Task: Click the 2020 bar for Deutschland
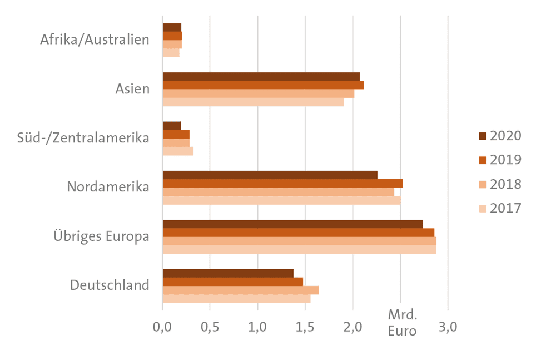[228, 273]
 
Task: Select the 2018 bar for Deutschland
[241, 290]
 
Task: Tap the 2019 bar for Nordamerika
[282, 184]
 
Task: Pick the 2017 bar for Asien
[253, 102]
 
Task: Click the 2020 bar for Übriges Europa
[293, 224]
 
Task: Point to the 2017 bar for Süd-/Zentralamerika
[178, 151]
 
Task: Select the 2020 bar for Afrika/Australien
[172, 28]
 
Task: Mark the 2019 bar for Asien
[263, 85]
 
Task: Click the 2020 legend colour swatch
[483, 136]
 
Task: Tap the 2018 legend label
[505, 184]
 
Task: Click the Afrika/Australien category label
[95, 40]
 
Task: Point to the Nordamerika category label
[108, 187]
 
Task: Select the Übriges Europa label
[101, 236]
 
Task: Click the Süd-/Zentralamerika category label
[83, 138]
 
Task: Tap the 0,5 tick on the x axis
[210, 327]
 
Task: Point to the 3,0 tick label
[448, 327]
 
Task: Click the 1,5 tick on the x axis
[305, 327]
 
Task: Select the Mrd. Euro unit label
[403, 323]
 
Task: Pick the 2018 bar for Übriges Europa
[300, 241]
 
